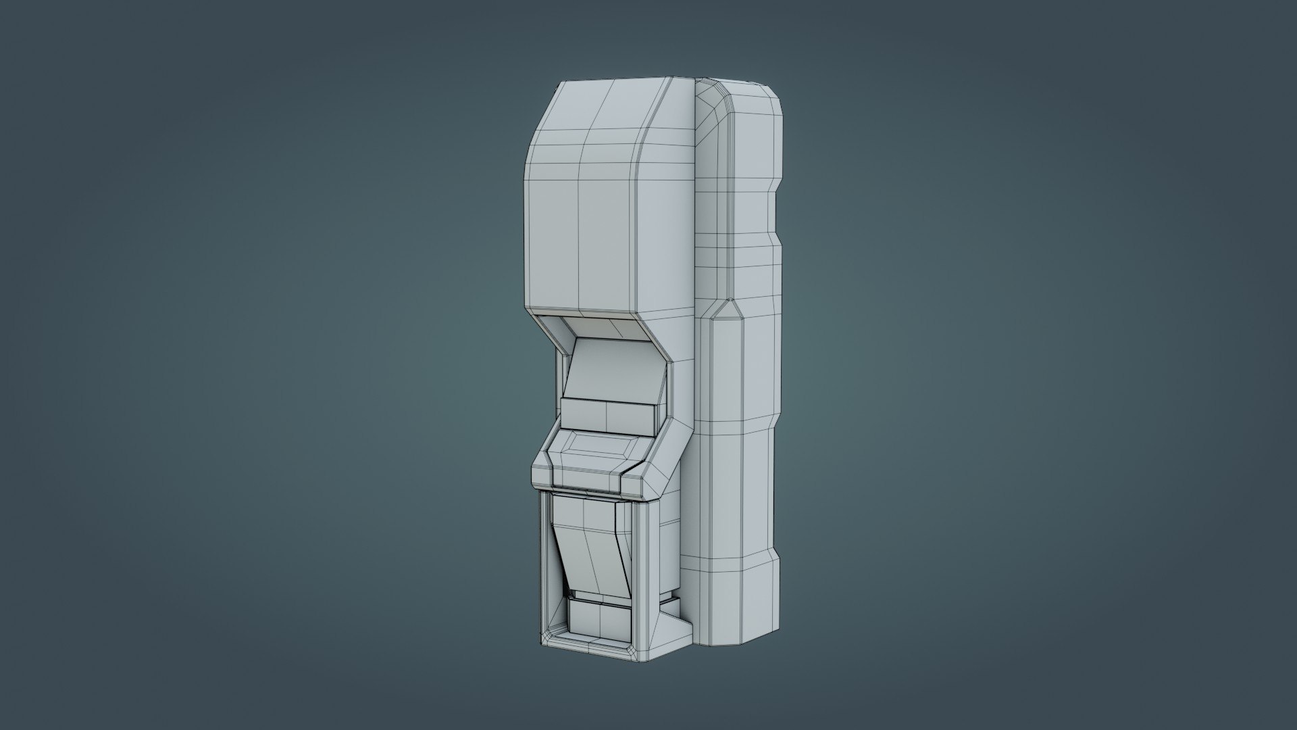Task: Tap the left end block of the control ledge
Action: pyautogui.click(x=541, y=470)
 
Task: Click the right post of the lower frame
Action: pyautogui.click(x=641, y=561)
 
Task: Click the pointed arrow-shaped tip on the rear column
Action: pyautogui.click(x=726, y=311)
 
